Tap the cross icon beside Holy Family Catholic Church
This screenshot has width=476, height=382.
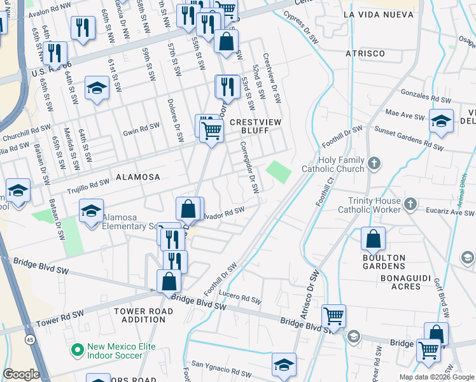[x=374, y=164]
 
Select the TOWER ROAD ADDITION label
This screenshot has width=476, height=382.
[x=139, y=315]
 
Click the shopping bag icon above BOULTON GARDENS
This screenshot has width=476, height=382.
[x=374, y=239]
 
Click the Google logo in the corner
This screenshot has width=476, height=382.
[x=22, y=374]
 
